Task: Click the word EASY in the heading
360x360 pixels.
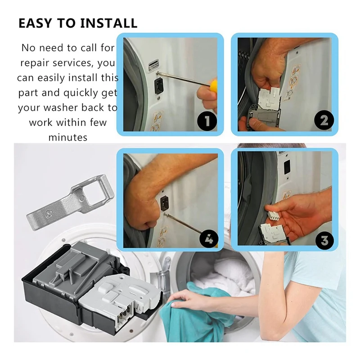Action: pos(35,23)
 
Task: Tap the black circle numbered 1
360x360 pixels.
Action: pos(207,121)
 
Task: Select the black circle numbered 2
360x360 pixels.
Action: pos(324,120)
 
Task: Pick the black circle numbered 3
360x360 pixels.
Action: pos(324,240)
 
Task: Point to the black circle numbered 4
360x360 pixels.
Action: pos(208,239)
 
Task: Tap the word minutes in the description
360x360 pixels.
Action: pos(68,137)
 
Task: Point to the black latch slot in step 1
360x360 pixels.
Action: pos(159,85)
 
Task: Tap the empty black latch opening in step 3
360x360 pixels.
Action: pos(287,167)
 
